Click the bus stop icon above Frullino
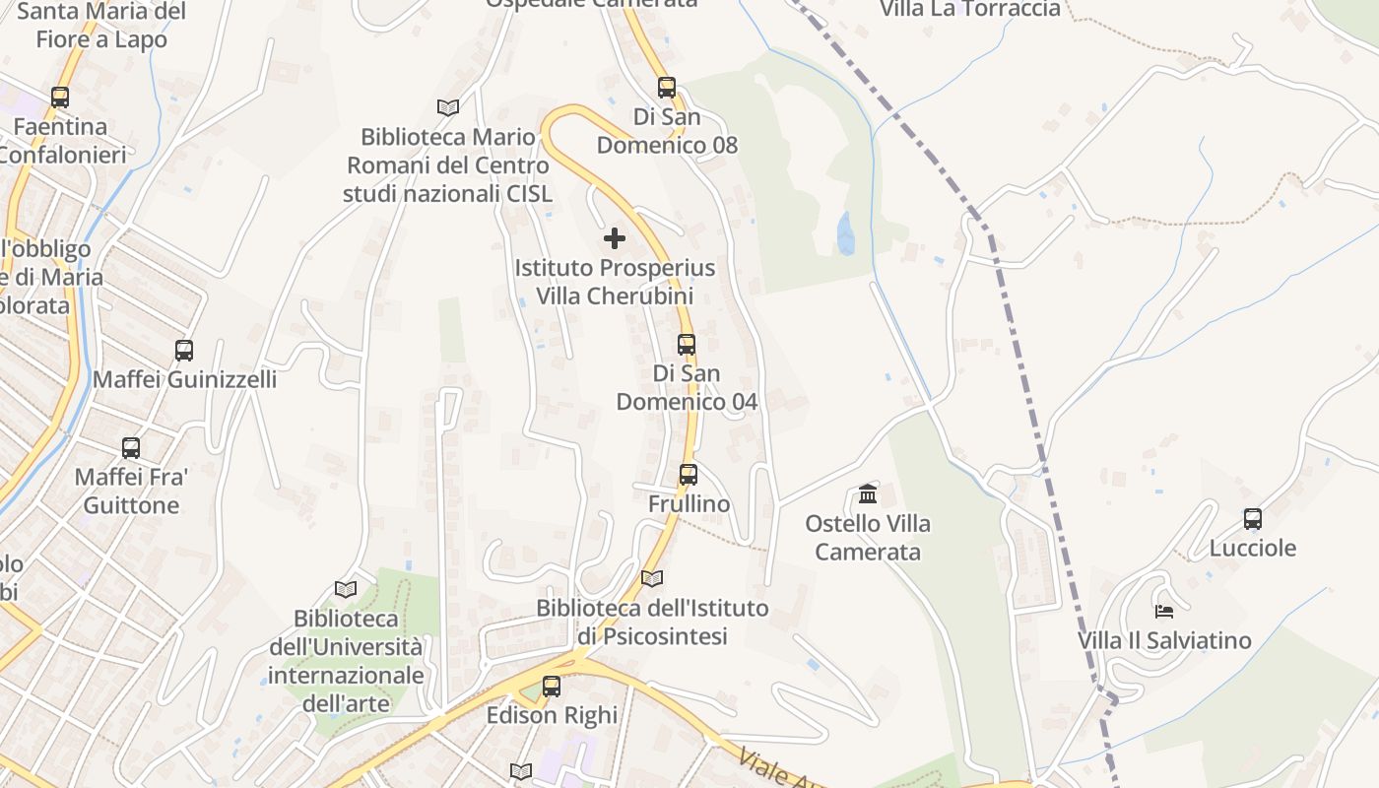tap(688, 474)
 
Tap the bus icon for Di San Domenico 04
tap(687, 345)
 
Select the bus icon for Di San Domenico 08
tap(667, 87)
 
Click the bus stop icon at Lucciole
tap(1253, 518)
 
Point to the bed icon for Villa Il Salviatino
tap(1164, 611)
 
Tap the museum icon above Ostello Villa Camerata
tap(868, 492)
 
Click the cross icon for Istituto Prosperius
tap(615, 238)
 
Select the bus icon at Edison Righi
tap(552, 686)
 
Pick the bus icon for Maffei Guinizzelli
tap(184, 350)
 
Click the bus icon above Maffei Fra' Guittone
tap(131, 448)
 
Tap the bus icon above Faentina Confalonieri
tap(60, 98)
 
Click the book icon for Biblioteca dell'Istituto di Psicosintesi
tap(652, 578)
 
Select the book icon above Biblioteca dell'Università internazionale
tap(346, 589)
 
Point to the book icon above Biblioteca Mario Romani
tap(448, 106)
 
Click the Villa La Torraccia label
tap(970, 9)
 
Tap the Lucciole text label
tap(1253, 549)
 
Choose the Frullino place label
tap(689, 504)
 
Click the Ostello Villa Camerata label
tap(868, 538)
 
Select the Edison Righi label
tap(552, 715)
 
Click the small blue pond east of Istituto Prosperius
tap(845, 234)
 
